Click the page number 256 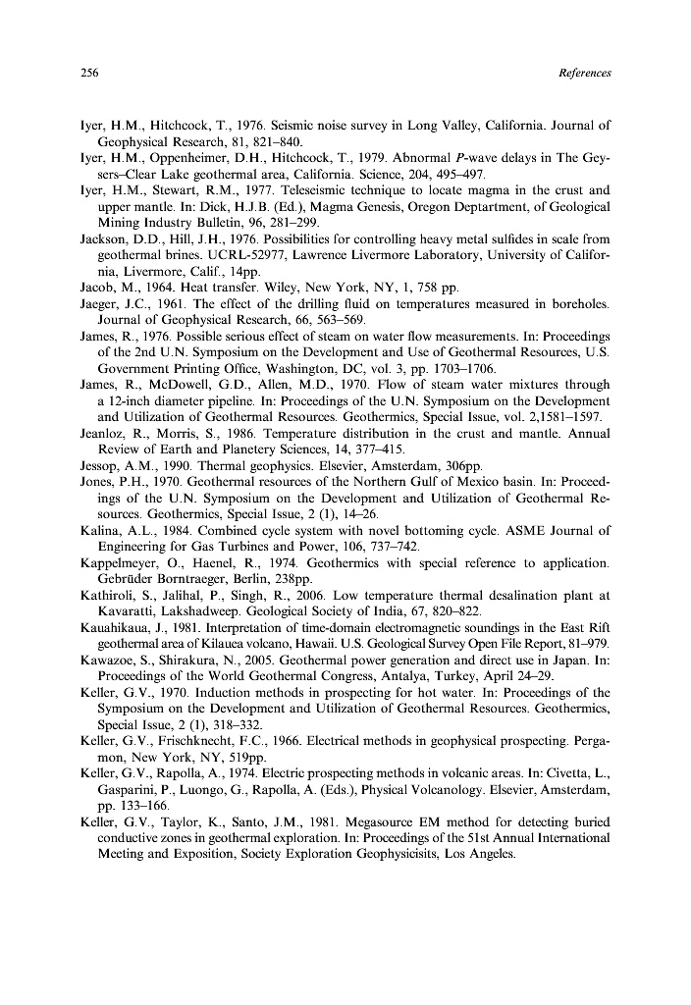86,74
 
